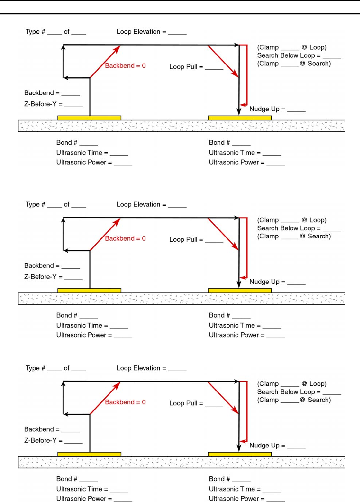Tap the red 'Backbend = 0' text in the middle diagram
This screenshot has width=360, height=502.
pos(125,239)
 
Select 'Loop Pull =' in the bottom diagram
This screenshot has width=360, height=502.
pos(186,403)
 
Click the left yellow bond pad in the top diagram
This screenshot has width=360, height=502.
pos(89,118)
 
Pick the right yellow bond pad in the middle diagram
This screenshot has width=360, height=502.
pos(240,291)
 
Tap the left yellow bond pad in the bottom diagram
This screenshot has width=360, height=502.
pos(89,454)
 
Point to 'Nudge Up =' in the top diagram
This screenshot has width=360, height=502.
pos(267,109)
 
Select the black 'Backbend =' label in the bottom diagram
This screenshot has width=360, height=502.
pos(42,429)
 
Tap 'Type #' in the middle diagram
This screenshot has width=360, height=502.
pos(35,205)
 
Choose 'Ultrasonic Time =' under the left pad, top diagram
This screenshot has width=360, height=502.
pos(82,153)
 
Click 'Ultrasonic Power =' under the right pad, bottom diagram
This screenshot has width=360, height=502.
pos(236,499)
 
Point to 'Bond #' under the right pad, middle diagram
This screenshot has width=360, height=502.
pos(219,315)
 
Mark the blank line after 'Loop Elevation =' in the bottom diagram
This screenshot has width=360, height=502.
pos(177,370)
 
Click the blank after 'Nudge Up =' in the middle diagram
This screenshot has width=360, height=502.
pos(296,284)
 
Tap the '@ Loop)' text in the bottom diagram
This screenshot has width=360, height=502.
pos(314,384)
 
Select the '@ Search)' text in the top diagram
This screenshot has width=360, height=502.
pos(315,63)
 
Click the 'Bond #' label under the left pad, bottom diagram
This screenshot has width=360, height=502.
pos(67,479)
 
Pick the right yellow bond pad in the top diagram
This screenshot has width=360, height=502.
pos(240,118)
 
